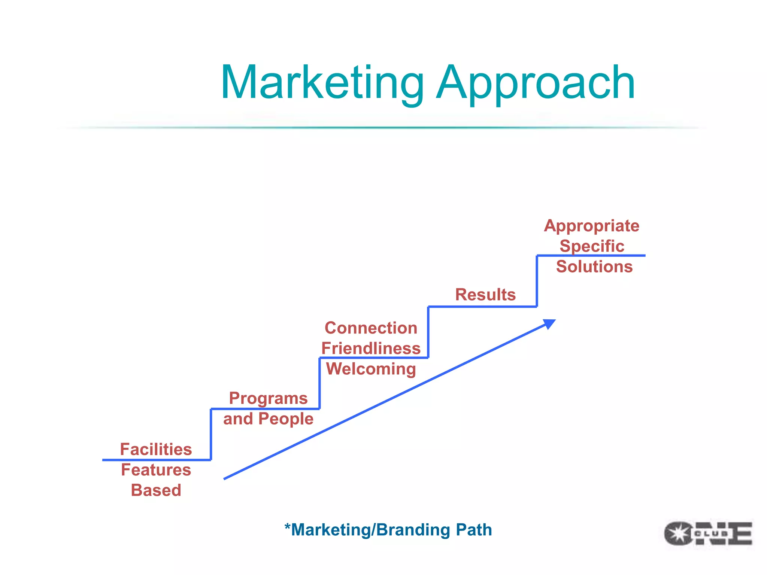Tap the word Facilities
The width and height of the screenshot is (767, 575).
[156, 449]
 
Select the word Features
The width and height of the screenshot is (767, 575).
[156, 470]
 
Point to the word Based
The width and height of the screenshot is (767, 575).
[156, 490]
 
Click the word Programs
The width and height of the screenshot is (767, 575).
[268, 399]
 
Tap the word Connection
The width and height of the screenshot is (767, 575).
[371, 328]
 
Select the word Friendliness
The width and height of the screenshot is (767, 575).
[371, 349]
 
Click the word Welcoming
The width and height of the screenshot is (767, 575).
[371, 369]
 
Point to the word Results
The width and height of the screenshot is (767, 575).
[485, 295]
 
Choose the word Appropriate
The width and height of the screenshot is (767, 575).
[592, 226]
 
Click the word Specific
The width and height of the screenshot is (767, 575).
[592, 246]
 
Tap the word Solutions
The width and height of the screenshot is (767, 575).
[594, 267]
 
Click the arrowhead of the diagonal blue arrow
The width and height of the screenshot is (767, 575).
[549, 323]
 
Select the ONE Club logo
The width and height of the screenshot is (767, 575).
[708, 533]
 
